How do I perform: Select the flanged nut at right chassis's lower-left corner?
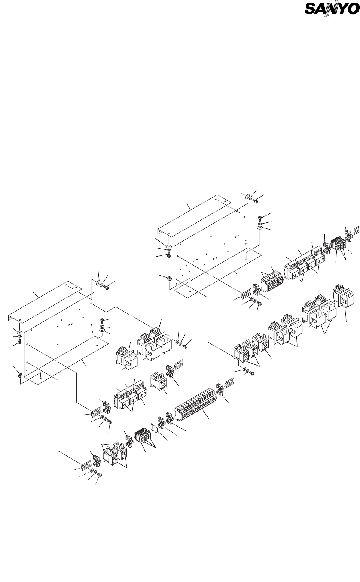click(169, 278)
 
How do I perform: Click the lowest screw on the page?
click(100, 475)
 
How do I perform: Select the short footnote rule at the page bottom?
click(31, 571)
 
